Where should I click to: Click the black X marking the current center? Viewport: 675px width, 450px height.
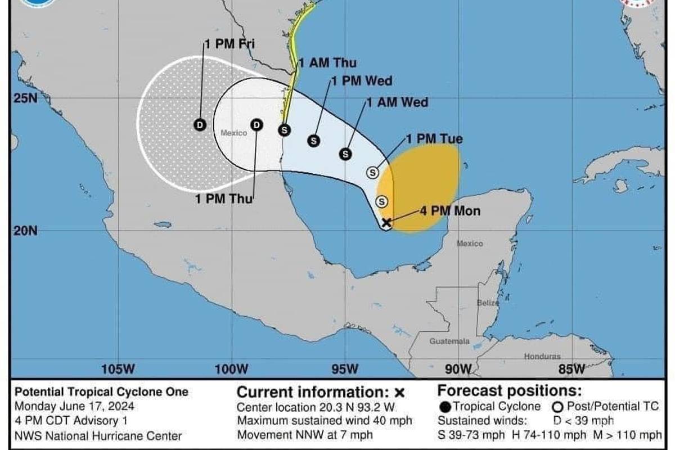tap(386, 222)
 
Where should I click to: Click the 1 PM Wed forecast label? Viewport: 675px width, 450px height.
tap(361, 81)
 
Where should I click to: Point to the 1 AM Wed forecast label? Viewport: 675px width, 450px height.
tap(397, 102)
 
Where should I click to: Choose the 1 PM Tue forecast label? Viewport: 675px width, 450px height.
tap(434, 138)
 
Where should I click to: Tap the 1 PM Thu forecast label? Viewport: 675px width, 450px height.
tap(223, 198)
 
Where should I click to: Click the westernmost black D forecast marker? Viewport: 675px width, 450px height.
tap(200, 124)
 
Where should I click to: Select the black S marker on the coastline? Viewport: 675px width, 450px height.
tap(285, 130)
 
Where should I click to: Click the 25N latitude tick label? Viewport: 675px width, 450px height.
tap(25, 99)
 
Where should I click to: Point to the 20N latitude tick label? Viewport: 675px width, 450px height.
tap(25, 231)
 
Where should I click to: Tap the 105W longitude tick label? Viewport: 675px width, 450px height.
tap(119, 369)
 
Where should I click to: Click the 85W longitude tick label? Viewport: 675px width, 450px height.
tap(572, 369)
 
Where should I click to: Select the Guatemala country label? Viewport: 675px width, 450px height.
tap(449, 341)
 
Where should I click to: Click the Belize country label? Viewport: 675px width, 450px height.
tap(488, 303)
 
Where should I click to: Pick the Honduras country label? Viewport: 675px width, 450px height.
tap(542, 357)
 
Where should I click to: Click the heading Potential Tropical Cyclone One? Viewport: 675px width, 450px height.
tap(101, 392)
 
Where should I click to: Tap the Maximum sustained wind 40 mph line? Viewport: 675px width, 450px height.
tap(325, 421)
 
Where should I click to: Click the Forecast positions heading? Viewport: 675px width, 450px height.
tap(509, 390)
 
